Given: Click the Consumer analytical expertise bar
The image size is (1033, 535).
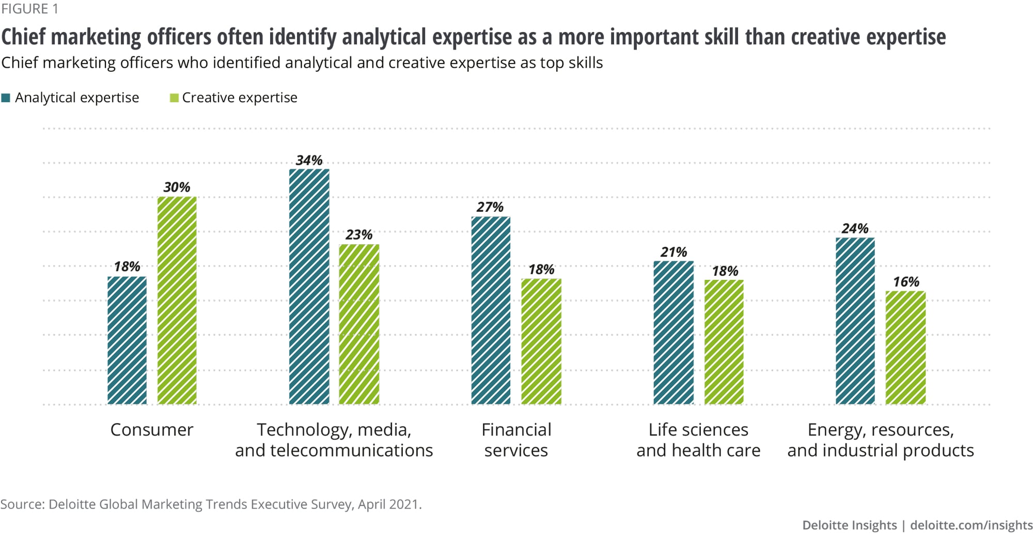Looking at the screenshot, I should (x=127, y=340).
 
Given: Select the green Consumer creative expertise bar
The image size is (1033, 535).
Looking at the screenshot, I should (x=177, y=301).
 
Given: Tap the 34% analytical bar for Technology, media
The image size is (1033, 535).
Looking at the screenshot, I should (x=309, y=287).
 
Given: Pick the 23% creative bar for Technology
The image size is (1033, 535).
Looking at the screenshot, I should (x=359, y=324).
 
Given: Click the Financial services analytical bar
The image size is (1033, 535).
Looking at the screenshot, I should (x=491, y=310).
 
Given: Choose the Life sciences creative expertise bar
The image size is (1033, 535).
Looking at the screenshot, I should (x=724, y=342).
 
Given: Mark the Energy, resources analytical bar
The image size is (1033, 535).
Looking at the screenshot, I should (x=855, y=321).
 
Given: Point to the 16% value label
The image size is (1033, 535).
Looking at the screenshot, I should (x=906, y=282).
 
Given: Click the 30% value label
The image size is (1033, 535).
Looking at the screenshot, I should (x=177, y=187).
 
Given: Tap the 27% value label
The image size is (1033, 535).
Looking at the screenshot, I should (x=490, y=207).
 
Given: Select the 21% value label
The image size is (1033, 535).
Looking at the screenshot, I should (x=674, y=253).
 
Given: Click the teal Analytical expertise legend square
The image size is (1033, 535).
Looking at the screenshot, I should (x=6, y=98).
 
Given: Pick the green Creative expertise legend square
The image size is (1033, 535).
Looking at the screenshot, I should (x=174, y=98).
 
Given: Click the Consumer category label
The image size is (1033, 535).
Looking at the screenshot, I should (x=152, y=430).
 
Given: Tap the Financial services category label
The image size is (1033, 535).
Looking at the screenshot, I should (x=516, y=440).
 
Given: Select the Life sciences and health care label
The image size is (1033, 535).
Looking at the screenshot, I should (x=698, y=440).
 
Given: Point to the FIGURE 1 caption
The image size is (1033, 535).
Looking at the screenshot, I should (x=29, y=9).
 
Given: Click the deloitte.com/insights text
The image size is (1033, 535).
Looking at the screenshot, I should (x=971, y=525).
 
